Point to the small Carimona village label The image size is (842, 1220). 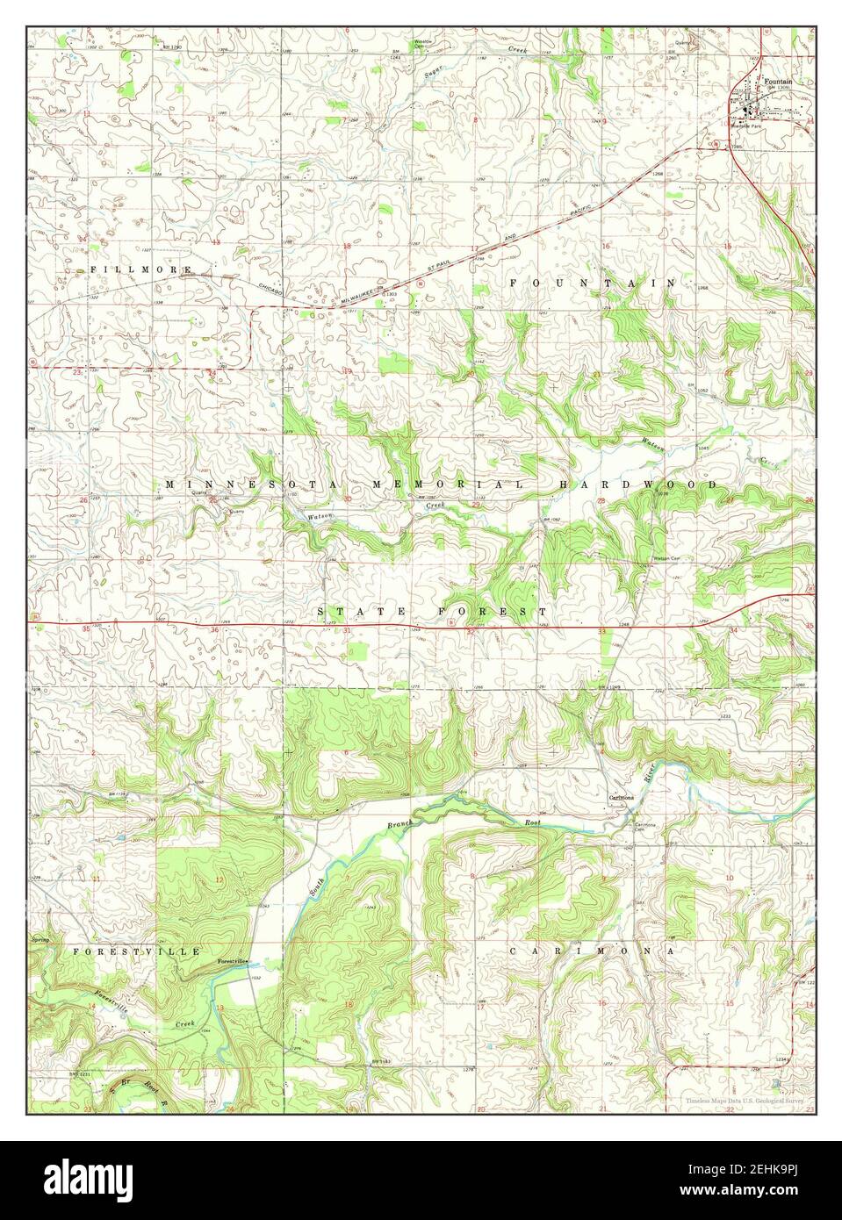(x=623, y=798)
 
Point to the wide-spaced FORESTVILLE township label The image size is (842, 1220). (x=138, y=951)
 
